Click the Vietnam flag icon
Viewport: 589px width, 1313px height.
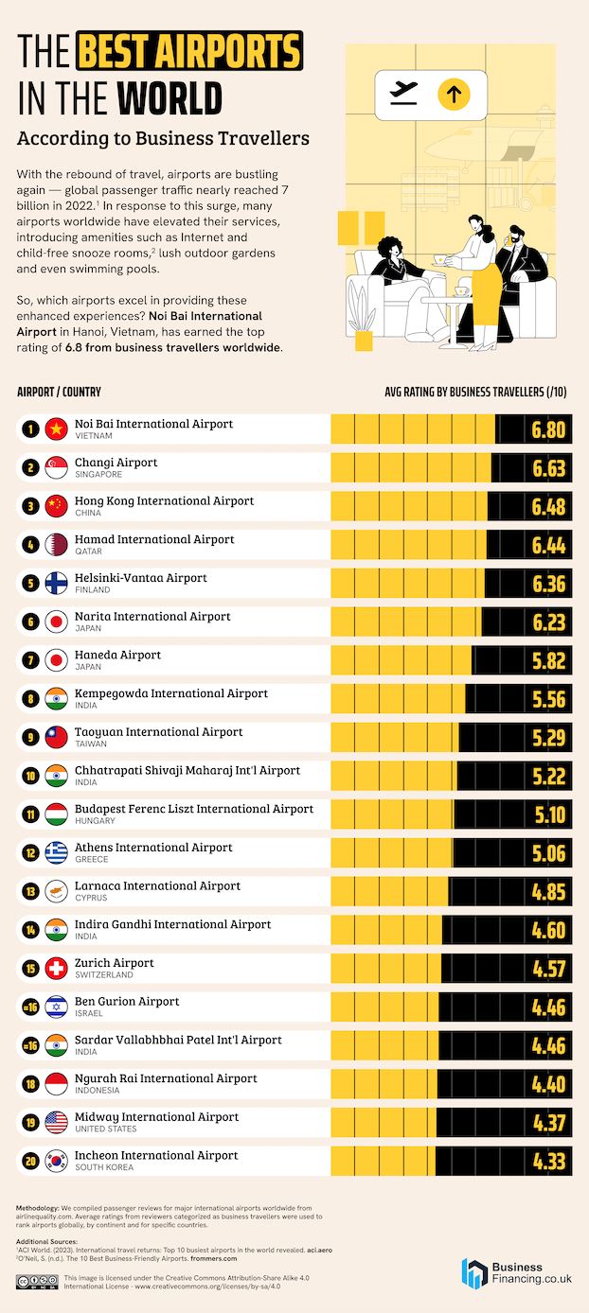pyautogui.click(x=56, y=429)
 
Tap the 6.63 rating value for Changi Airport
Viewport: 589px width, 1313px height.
pyautogui.click(x=548, y=468)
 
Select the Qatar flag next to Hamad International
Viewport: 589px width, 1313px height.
pyautogui.click(x=56, y=545)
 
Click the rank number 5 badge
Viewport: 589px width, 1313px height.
pyautogui.click(x=30, y=584)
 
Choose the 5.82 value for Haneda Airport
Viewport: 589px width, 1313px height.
pyautogui.click(x=548, y=660)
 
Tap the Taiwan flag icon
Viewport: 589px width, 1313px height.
pyautogui.click(x=56, y=738)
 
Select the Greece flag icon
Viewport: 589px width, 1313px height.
pyautogui.click(x=56, y=853)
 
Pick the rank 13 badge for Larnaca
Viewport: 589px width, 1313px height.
pyautogui.click(x=30, y=892)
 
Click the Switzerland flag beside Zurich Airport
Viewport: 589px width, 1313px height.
pyautogui.click(x=56, y=969)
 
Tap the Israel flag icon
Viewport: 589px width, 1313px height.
pyautogui.click(x=56, y=1007)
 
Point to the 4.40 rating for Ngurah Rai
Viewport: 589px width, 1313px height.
pyautogui.click(x=548, y=1084)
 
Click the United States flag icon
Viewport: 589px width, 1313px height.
pyautogui.click(x=56, y=1123)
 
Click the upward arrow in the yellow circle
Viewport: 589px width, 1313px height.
pyautogui.click(x=454, y=94)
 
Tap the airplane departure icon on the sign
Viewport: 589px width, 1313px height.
pyautogui.click(x=404, y=93)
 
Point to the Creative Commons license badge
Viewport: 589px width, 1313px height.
pyautogui.click(x=37, y=1282)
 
